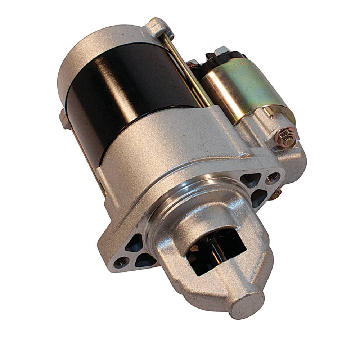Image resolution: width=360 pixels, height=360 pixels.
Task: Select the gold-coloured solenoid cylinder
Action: point(245,90)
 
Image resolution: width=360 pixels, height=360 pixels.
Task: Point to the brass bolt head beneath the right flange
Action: point(275,195)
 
